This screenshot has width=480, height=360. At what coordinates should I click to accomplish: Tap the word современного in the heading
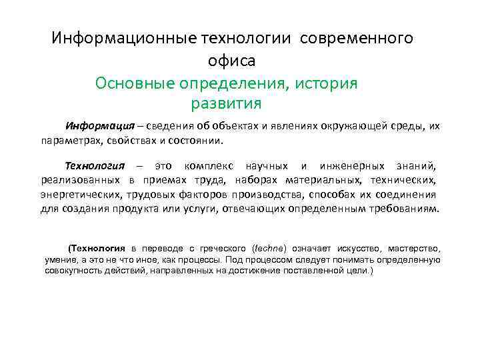point(357,38)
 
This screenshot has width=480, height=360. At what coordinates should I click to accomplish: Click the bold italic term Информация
point(95,126)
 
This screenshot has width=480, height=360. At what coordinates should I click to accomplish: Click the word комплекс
point(207,165)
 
